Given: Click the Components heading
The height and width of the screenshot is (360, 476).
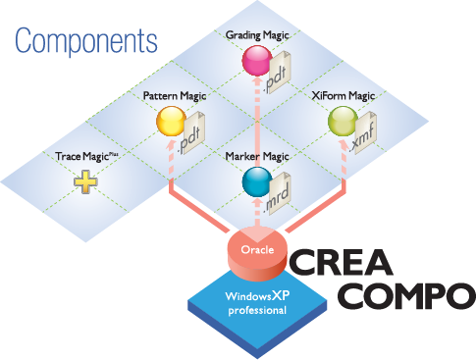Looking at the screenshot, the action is pos(86,41).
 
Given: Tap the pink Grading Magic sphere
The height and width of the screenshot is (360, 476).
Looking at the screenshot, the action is pos(257,61).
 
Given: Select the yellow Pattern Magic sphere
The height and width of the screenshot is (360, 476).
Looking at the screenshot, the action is pos(172,121).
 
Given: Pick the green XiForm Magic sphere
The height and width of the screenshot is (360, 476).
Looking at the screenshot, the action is pos(343,122).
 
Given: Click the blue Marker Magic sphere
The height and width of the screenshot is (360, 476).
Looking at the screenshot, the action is pos(257,181).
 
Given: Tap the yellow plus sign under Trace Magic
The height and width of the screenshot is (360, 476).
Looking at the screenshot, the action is pos(85,181).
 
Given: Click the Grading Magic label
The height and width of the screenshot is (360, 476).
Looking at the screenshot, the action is pos(257,35).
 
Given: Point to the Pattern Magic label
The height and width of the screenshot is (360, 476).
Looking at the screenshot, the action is pos(175,96).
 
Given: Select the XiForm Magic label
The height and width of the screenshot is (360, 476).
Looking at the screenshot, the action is pos(343,96).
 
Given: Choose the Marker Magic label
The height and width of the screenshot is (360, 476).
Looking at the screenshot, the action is pos(257,156).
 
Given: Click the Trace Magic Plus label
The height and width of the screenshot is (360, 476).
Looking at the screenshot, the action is pos(86,157).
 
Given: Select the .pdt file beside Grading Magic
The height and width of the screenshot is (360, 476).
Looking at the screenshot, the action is pos(278,73).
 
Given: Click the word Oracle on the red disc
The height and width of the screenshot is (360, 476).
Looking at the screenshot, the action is pos(257,250).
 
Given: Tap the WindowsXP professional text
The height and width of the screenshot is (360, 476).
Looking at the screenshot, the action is pos(257,303).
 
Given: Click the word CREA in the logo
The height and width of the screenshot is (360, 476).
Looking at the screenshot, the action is pos(341,262).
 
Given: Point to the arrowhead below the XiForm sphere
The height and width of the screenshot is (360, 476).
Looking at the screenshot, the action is pos(343,145).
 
